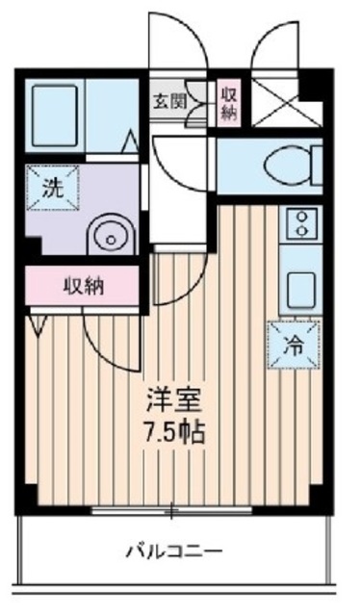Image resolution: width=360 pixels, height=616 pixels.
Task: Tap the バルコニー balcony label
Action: (x=174, y=552)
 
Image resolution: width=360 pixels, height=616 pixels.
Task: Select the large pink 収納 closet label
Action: (x=85, y=285)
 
